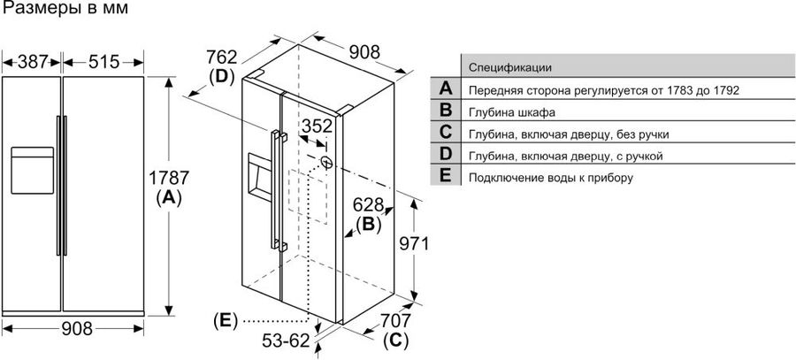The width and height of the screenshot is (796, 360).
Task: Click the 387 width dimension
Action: click(32, 62)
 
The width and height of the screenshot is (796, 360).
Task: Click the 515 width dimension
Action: click(103, 62)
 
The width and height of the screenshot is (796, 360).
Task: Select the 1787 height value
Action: click(169, 178)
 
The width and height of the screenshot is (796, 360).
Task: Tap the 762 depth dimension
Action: click(222, 57)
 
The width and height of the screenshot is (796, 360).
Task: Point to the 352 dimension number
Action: click(317, 126)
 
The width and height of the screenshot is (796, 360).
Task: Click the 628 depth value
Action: click(368, 205)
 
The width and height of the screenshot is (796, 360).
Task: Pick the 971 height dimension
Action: click(413, 244)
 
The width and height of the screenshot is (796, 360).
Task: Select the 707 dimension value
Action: click(395, 321)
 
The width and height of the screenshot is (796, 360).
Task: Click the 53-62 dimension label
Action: click(286, 341)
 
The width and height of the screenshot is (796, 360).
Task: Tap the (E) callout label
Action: click(226, 321)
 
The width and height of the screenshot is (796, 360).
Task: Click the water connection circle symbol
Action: click(326, 162)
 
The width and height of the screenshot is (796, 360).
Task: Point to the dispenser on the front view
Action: click(32, 170)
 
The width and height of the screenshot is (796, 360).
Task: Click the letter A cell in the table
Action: click(445, 88)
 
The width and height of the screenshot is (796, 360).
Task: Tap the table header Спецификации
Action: click(510, 67)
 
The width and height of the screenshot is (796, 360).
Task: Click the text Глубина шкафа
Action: click(512, 112)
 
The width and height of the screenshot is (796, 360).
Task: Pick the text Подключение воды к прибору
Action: click(551, 178)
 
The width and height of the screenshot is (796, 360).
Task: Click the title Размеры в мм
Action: click(65, 9)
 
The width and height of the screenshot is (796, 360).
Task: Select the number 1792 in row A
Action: click(723, 90)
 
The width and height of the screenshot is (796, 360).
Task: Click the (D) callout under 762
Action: click(222, 76)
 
